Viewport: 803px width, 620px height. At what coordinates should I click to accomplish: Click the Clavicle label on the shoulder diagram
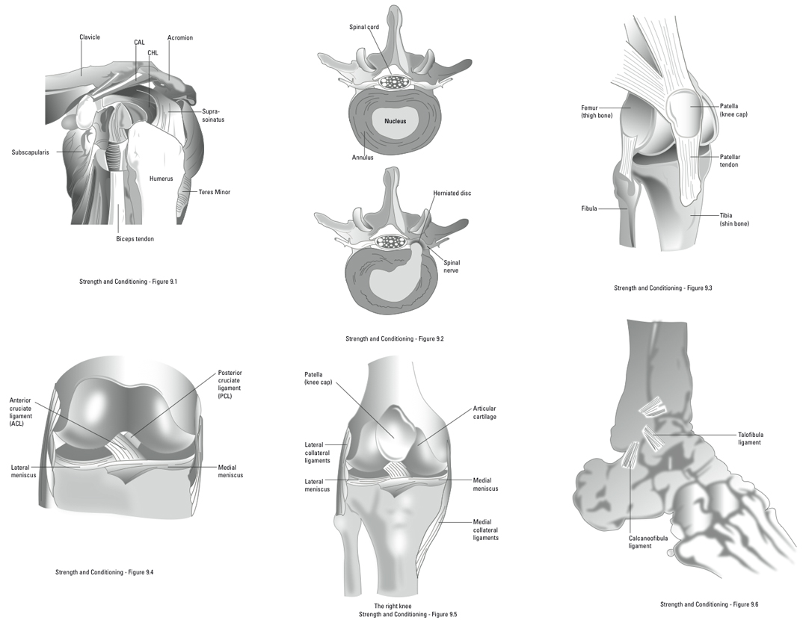click(90, 37)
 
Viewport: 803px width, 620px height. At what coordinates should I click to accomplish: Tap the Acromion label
click(179, 37)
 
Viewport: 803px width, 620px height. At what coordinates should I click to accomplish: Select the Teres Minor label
click(215, 192)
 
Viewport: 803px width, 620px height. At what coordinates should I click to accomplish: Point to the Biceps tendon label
click(135, 239)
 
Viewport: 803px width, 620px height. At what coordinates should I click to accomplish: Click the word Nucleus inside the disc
click(396, 121)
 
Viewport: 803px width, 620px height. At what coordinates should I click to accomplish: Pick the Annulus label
click(363, 158)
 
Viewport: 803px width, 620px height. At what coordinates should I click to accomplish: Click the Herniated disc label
click(452, 193)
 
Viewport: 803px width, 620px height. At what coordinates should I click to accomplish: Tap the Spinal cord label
click(364, 27)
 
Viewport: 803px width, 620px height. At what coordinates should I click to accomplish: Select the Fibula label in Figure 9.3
click(589, 208)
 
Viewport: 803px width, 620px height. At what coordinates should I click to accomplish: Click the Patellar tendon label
click(730, 161)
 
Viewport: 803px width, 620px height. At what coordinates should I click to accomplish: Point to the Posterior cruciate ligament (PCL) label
click(230, 384)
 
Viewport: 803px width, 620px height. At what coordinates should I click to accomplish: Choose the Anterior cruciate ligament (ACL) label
click(20, 412)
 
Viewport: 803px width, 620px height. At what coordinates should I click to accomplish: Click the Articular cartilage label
click(484, 412)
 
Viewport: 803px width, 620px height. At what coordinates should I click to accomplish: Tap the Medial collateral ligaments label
click(485, 530)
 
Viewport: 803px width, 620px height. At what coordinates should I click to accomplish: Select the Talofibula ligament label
click(750, 438)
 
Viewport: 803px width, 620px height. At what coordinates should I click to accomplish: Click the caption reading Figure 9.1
click(128, 282)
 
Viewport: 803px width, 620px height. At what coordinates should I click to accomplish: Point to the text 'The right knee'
click(393, 607)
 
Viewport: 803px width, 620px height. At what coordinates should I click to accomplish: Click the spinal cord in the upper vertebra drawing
click(394, 81)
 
